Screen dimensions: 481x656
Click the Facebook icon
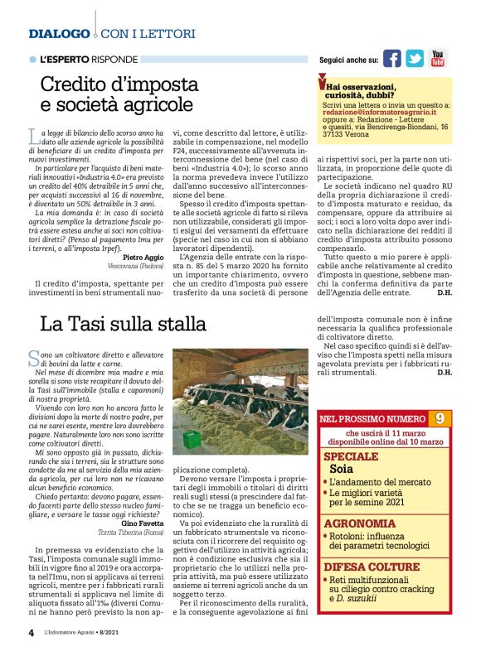pos(391,59)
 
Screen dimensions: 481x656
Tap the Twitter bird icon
pos(415,59)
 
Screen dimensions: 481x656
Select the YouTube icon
pos(437,59)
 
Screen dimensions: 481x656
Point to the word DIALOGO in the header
pos(59,34)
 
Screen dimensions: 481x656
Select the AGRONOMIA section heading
pos(359,523)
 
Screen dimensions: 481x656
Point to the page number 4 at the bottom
pos(31,632)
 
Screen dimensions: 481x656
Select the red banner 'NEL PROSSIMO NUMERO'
pos(372,419)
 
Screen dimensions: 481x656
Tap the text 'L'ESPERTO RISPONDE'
pos(89,60)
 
